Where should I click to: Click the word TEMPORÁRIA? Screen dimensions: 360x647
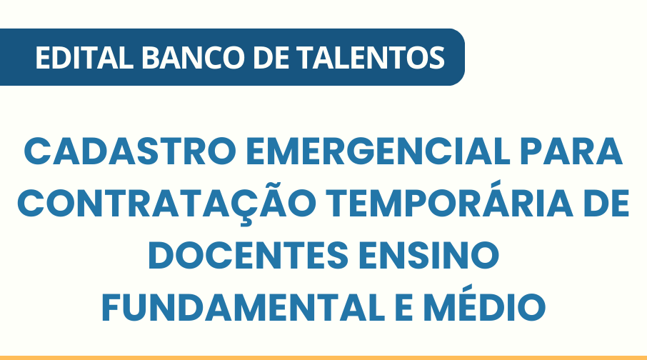[443, 205]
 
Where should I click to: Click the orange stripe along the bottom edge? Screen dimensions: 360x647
[323, 357]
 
